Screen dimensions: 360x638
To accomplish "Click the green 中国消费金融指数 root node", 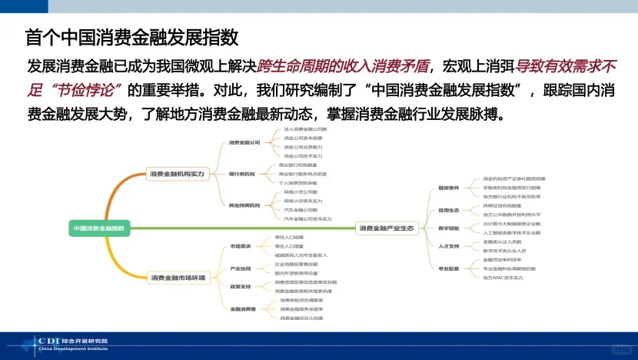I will (99, 228).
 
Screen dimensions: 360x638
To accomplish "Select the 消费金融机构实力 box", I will (178, 175).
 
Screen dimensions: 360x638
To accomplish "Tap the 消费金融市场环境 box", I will (178, 278).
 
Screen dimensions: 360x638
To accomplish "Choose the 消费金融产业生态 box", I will (387, 228).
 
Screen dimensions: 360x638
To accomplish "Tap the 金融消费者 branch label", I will (242, 308).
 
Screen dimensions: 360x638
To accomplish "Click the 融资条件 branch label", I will (448, 188).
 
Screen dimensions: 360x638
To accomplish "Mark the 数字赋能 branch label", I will (448, 228).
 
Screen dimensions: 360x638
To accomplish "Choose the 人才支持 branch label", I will (448, 246).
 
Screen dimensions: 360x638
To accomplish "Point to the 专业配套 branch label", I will (448, 268).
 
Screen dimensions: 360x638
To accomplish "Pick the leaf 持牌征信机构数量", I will (503, 205).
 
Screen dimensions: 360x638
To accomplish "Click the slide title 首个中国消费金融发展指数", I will (131, 37).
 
